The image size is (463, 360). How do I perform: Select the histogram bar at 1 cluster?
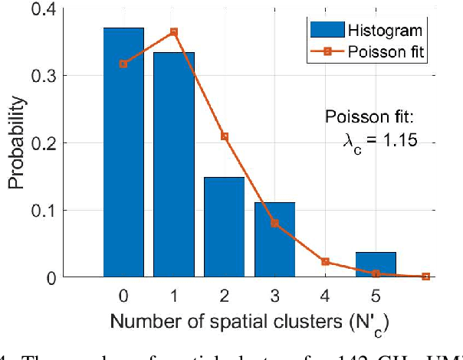point(174,164)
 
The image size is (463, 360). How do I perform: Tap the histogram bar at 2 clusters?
point(225,227)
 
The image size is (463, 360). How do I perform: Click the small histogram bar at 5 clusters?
point(376,264)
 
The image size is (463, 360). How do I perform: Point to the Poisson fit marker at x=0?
point(123,64)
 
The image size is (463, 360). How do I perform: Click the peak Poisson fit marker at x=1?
point(174,32)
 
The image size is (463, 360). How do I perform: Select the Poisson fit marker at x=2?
point(225,136)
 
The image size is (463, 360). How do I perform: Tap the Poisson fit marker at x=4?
point(325,261)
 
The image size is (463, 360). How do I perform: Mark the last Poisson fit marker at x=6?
point(426,276)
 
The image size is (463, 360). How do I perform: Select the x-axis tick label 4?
point(325,295)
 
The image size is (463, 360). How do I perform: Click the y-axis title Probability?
point(17,142)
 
